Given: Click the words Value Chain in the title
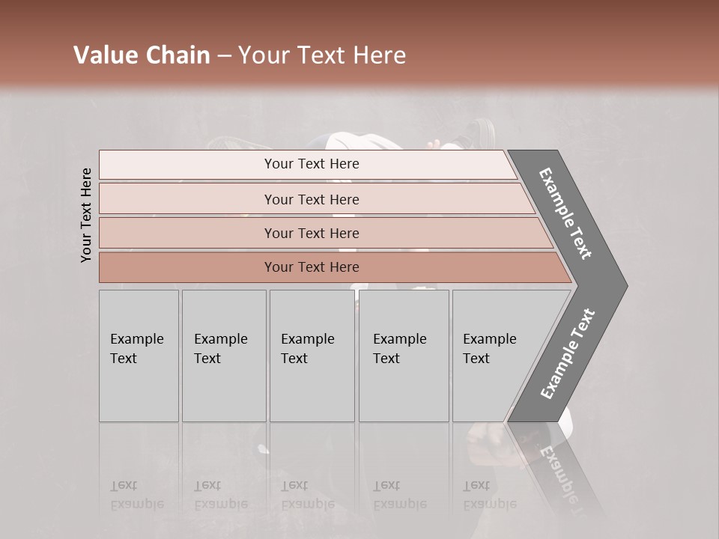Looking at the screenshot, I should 142,55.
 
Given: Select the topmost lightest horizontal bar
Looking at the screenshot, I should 312,164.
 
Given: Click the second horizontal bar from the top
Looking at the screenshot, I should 312,199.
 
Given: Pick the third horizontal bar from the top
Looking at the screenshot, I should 312,233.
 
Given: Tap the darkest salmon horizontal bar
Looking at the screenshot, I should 312,267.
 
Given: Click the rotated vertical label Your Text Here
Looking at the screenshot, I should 86,216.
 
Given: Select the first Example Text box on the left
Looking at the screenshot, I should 139,356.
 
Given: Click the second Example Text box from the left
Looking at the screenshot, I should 223,356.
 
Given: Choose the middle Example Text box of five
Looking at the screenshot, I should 311,356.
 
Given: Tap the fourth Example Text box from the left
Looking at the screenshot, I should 403,356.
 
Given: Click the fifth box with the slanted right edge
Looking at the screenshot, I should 494,356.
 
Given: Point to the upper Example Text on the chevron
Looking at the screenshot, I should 566,213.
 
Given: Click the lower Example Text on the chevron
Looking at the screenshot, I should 567,354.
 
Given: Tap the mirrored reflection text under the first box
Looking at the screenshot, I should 137,495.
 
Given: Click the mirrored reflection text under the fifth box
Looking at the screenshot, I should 489,495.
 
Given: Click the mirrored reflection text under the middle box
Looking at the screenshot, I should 308,495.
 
